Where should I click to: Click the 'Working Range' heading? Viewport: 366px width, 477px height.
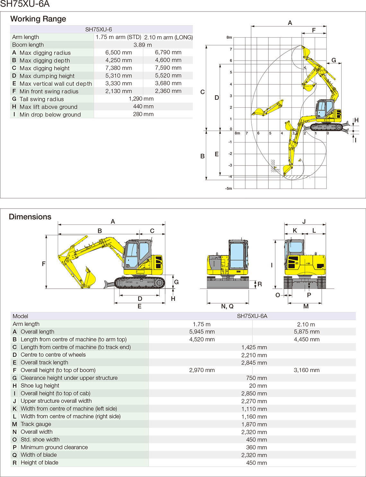click(38, 19)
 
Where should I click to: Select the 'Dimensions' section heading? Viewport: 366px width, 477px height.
click(30, 217)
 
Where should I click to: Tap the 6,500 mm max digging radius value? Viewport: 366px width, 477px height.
click(118, 53)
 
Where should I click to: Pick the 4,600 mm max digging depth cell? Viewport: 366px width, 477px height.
click(168, 60)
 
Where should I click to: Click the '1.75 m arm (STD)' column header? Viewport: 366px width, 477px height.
click(118, 37)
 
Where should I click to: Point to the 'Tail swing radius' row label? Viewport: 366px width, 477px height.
click(41, 99)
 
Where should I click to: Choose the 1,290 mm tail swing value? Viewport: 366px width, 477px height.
click(141, 99)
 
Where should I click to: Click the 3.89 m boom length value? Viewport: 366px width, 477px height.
click(143, 45)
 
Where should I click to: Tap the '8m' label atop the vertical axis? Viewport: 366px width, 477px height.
click(229, 38)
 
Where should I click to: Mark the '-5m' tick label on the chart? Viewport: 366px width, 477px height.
click(228, 189)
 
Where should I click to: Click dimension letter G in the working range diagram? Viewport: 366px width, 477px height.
click(334, 60)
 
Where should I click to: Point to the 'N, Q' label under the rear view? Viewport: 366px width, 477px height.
click(227, 306)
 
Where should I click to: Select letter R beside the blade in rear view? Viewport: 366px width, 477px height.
click(260, 284)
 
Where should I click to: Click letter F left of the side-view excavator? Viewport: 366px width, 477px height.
click(44, 264)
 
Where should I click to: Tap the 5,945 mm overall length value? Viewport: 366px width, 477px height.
click(202, 332)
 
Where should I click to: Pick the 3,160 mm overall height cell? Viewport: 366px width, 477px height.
click(306, 370)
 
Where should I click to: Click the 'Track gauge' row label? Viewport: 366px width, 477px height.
click(36, 424)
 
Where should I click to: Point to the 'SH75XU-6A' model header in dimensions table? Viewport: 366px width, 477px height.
click(252, 316)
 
